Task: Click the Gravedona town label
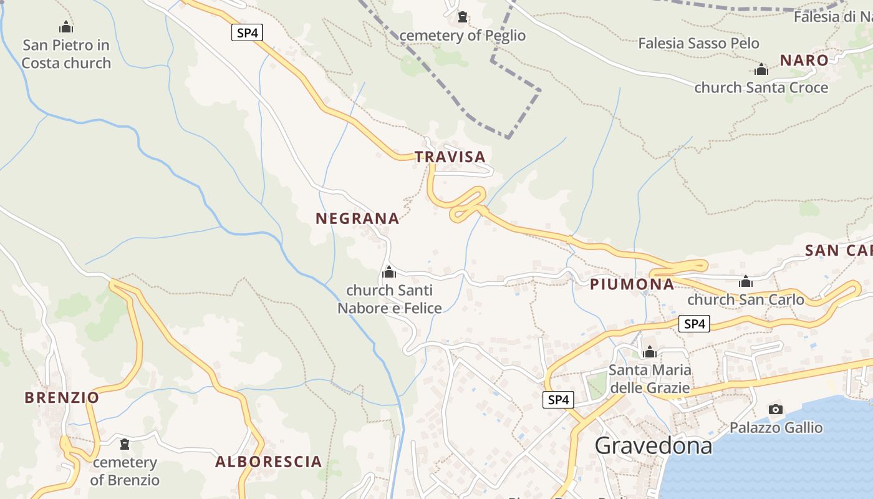click(653, 445)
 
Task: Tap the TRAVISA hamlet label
click(450, 157)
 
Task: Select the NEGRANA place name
click(357, 218)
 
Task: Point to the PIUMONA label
click(632, 284)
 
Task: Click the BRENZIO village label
click(62, 397)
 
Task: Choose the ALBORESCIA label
click(269, 462)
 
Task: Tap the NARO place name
click(804, 61)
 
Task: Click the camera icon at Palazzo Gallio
click(776, 409)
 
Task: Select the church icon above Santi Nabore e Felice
click(389, 272)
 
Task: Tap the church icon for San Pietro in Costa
click(66, 27)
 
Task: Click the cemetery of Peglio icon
click(463, 17)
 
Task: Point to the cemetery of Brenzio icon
click(125, 444)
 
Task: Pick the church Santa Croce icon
click(761, 69)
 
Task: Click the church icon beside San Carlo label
click(746, 281)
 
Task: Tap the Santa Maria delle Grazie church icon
click(650, 352)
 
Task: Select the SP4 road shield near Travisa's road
click(247, 33)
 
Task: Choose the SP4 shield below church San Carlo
click(694, 324)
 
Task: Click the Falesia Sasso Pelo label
click(698, 44)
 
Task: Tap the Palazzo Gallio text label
click(776, 428)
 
